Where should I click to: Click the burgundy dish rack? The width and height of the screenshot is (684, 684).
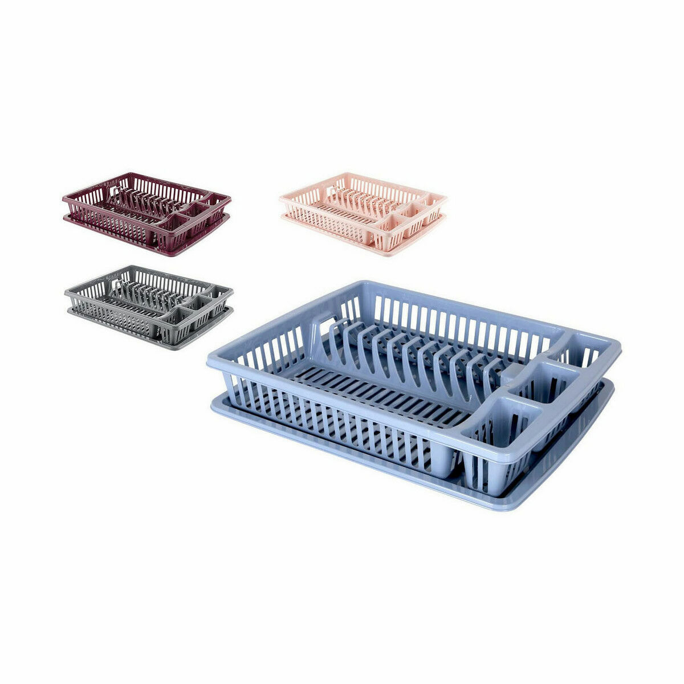[x=146, y=213]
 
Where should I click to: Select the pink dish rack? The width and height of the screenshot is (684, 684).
[x=363, y=213]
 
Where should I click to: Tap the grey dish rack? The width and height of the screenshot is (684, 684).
[x=148, y=306]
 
